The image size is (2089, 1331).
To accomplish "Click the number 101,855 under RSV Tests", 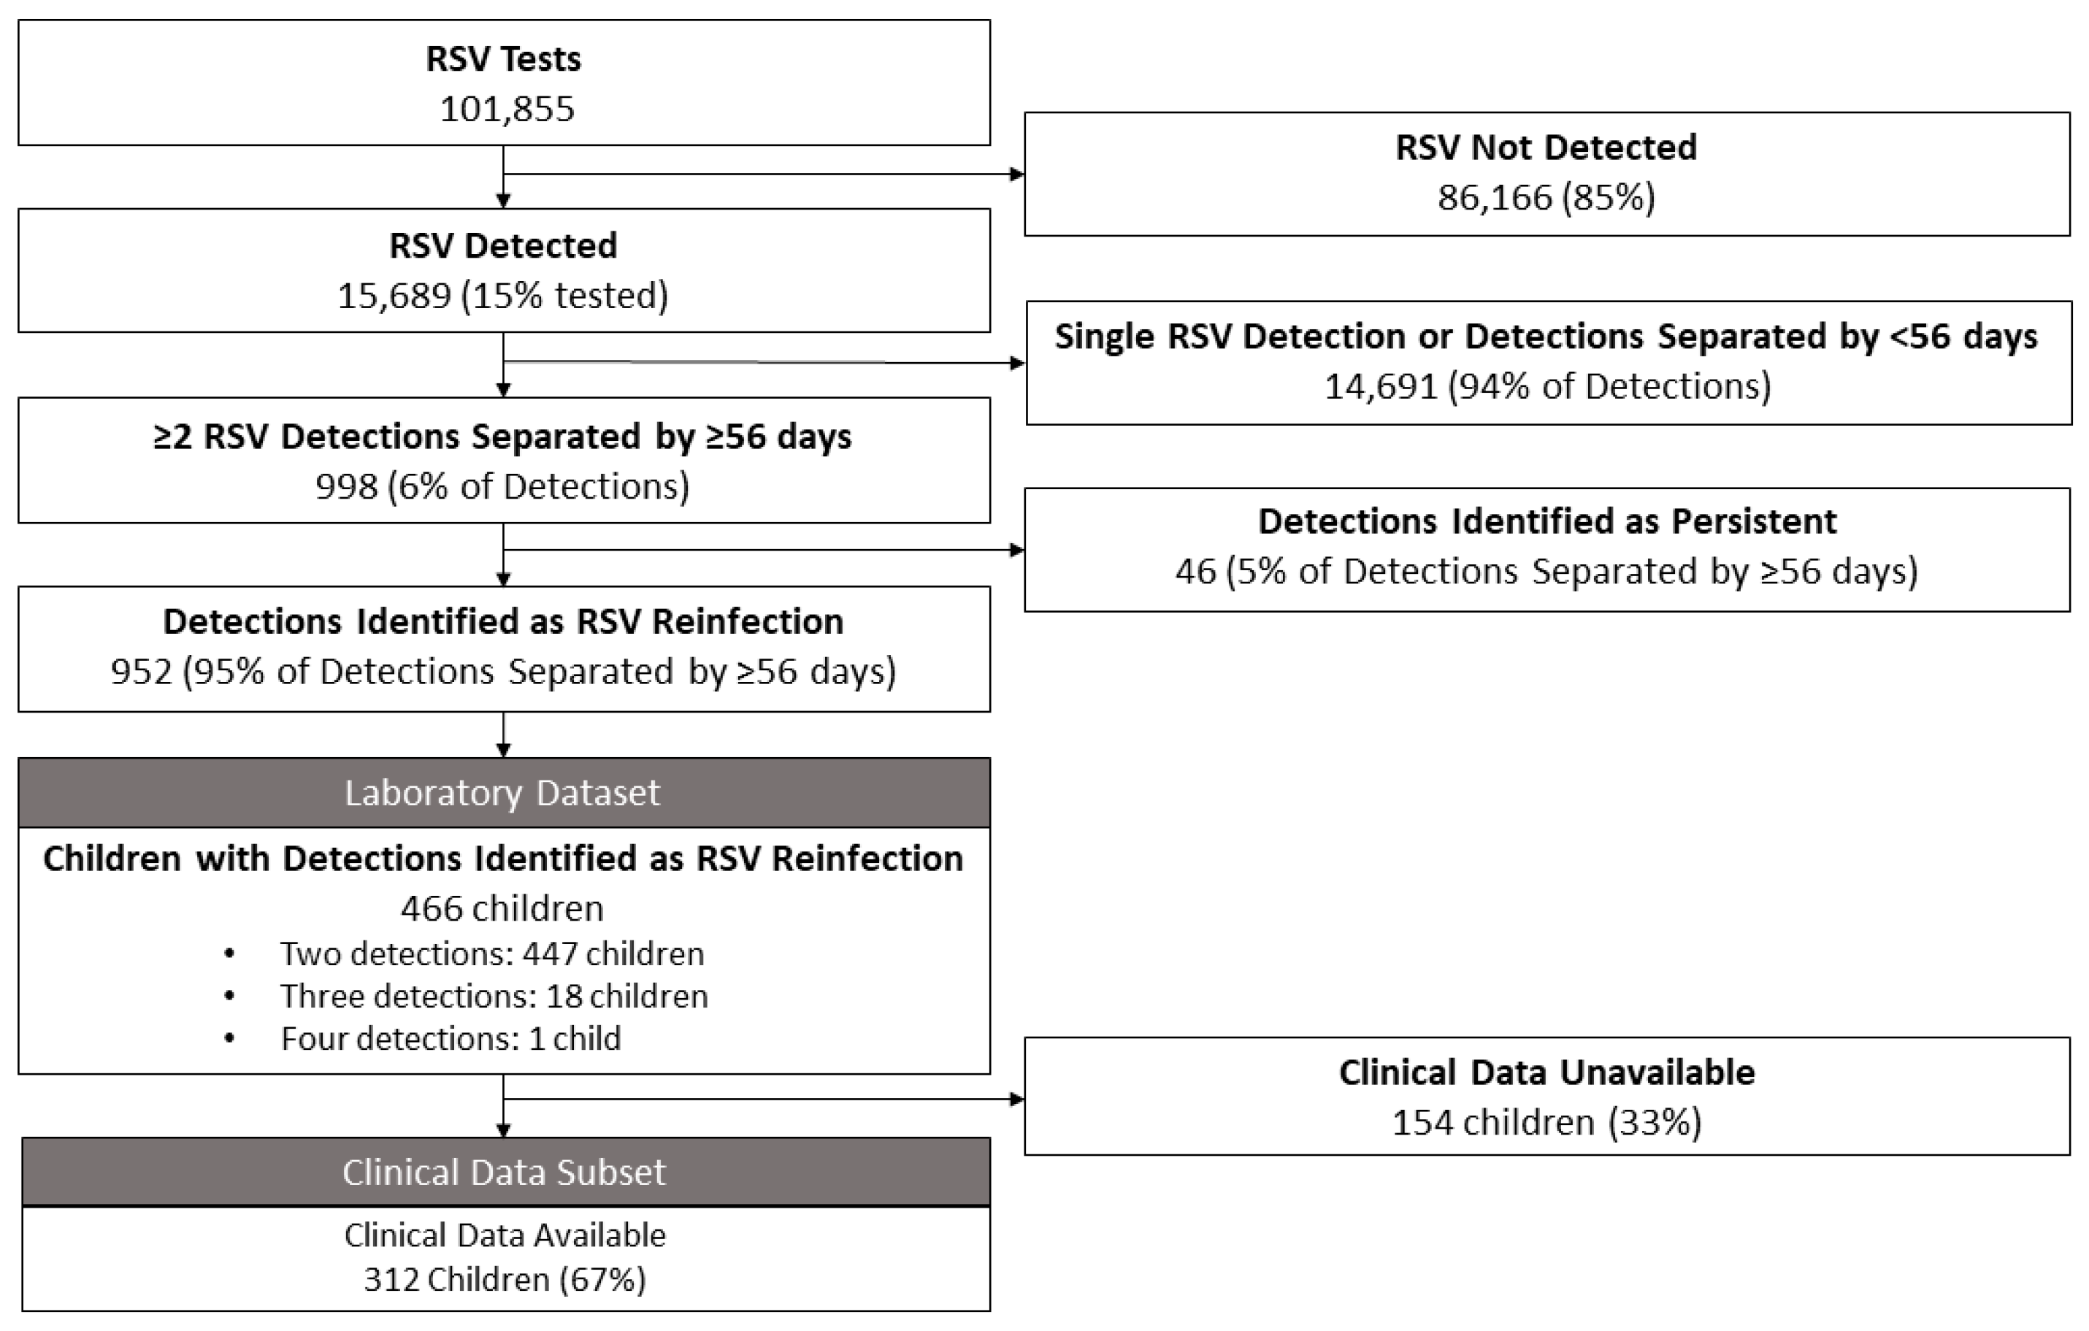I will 507,110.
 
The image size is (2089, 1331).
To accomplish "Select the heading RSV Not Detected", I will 1546,147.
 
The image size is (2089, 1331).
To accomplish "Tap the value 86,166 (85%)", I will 1546,198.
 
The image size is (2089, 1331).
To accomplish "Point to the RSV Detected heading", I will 503,245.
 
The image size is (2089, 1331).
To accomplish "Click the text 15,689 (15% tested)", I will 503,296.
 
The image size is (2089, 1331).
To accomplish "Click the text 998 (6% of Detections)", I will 503,487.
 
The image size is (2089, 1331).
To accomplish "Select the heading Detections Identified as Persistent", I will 1546,521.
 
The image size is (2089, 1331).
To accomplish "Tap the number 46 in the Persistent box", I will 1195,572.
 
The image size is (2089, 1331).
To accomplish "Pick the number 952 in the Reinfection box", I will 142,672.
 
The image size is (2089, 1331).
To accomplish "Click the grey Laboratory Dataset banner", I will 503,793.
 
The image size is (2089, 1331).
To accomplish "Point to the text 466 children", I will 503,908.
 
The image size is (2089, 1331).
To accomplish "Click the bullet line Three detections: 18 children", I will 494,996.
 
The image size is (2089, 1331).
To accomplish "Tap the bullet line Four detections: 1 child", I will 451,1039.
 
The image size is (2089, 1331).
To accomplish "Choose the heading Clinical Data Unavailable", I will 1546,1073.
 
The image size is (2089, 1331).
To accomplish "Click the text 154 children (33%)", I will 1546,1123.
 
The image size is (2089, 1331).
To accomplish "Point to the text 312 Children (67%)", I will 505,1280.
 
